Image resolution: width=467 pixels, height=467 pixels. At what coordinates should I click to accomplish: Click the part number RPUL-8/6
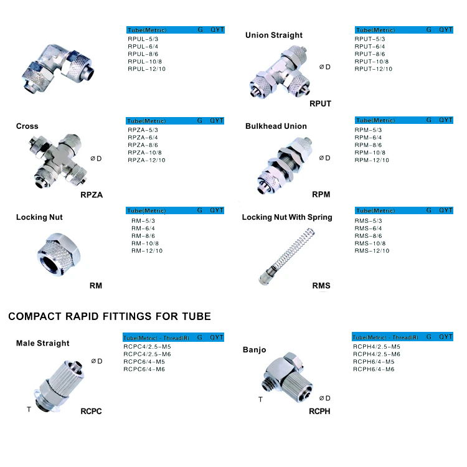tap(143, 54)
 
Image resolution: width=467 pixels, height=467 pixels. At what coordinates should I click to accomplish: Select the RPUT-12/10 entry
tap(374, 68)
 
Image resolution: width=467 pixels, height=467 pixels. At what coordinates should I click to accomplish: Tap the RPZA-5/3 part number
tap(143, 130)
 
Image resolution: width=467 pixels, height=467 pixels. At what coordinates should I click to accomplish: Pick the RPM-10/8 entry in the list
tap(370, 153)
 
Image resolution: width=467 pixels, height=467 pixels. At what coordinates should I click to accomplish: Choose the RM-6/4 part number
tap(143, 229)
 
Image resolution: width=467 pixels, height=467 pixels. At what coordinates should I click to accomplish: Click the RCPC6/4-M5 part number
tap(144, 362)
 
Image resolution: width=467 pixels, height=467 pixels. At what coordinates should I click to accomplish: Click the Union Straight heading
tap(274, 35)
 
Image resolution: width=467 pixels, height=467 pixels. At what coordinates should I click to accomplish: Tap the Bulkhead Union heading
tap(276, 126)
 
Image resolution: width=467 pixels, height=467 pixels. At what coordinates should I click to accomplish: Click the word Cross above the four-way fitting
tap(27, 126)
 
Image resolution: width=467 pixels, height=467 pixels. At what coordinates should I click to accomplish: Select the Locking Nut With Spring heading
tap(287, 217)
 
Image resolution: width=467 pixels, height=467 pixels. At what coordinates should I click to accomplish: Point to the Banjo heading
tap(254, 350)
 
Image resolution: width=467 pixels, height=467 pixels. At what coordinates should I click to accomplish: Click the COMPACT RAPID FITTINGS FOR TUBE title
tap(110, 316)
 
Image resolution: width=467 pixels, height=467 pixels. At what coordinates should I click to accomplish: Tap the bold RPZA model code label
tap(92, 195)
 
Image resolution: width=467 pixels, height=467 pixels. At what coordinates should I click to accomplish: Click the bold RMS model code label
tap(321, 286)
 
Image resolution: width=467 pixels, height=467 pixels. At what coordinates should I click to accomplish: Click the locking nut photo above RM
tap(59, 255)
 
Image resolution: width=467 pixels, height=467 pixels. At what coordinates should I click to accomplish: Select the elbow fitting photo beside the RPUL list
tap(59, 68)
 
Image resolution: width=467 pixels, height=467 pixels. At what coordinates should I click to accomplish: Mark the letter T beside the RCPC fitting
tap(29, 410)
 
